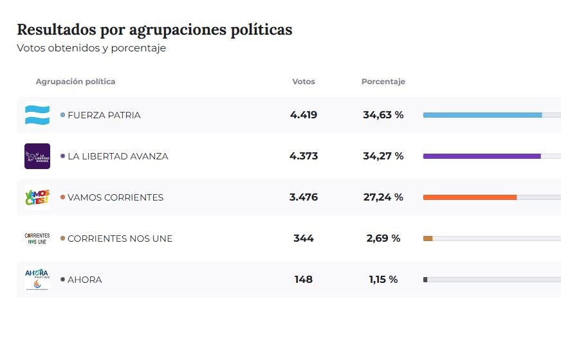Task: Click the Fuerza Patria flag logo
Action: click(x=37, y=115)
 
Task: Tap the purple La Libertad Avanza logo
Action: click(x=37, y=156)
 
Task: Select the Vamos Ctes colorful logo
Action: click(x=37, y=197)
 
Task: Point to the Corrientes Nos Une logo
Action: click(x=37, y=239)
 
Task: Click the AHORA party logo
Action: click(x=37, y=280)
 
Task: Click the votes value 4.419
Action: click(x=304, y=115)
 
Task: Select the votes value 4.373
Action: click(x=304, y=156)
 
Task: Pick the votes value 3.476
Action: click(x=304, y=197)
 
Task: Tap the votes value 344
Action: click(x=304, y=239)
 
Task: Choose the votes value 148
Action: click(x=304, y=280)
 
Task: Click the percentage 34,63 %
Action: click(x=383, y=115)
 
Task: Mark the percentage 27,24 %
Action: click(x=383, y=197)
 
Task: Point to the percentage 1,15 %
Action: click(x=383, y=280)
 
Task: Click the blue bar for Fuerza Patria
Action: click(x=482, y=115)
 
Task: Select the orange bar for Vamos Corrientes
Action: click(x=470, y=197)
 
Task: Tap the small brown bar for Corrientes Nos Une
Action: click(x=428, y=239)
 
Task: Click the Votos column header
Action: click(x=304, y=82)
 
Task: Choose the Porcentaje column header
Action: click(x=383, y=82)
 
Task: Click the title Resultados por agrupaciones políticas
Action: click(x=154, y=30)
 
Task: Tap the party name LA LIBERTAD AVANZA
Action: click(x=118, y=156)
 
